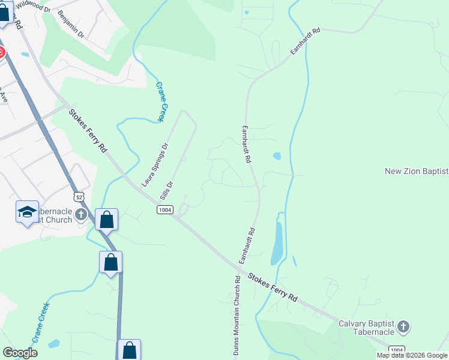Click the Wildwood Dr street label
(34, 5)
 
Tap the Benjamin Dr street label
(71, 23)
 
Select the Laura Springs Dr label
(155, 164)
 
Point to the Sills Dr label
(167, 191)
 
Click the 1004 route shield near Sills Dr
(165, 209)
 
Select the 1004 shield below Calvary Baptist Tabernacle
(396, 350)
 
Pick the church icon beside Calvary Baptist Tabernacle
(403, 327)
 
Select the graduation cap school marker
(27, 212)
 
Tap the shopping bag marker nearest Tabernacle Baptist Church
(106, 220)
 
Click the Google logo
(20, 352)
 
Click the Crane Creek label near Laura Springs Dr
(160, 102)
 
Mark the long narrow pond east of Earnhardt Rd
(277, 241)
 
